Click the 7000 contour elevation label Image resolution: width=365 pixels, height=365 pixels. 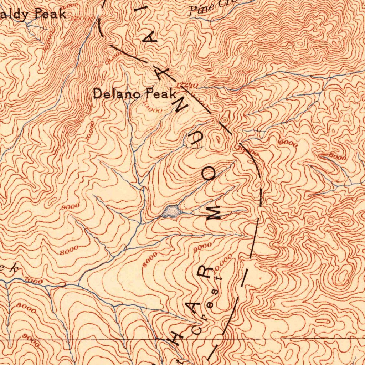click(35, 282)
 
